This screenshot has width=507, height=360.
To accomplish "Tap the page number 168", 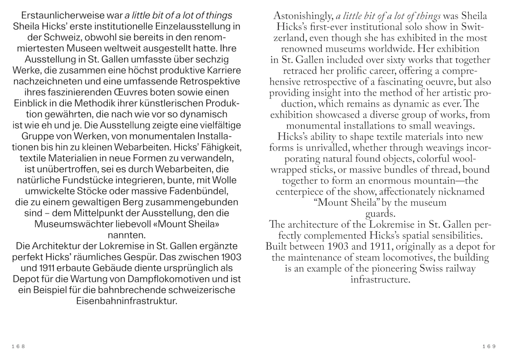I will tap(19, 346).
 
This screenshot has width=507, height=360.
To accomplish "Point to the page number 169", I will tap(488, 346).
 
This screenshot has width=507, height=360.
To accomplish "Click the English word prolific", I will tap(335, 71).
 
